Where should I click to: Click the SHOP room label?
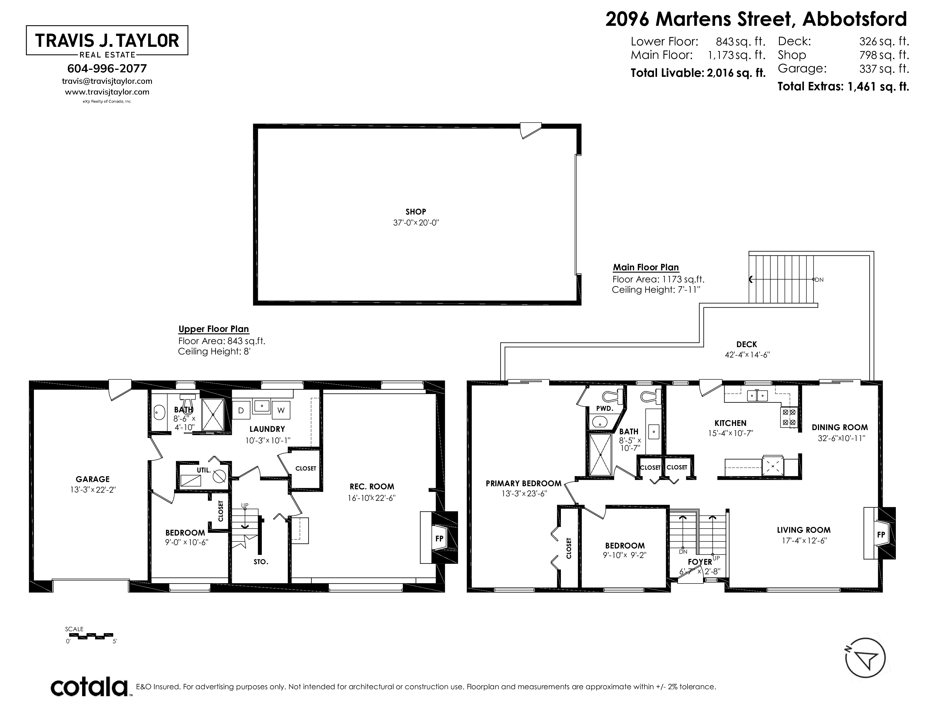point(415,212)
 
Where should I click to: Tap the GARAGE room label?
point(93,479)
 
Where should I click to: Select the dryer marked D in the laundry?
point(241,410)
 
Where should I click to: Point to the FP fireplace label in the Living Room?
point(881,535)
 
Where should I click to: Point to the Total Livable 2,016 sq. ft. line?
point(698,73)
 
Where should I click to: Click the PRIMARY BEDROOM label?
point(524,483)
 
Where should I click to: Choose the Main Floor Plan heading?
point(646,267)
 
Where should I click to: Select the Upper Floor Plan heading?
point(214,329)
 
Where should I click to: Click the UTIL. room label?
point(204,470)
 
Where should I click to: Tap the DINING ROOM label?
point(840,427)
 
